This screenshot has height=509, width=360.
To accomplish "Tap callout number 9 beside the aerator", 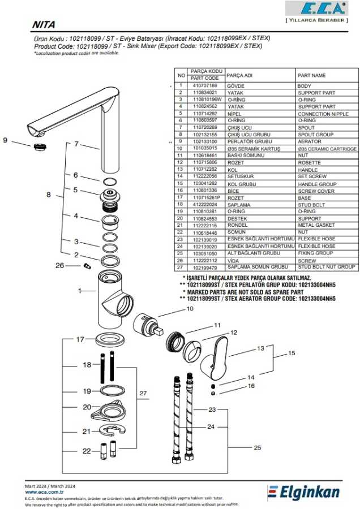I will [6, 140].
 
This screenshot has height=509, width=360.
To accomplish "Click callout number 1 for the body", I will [80, 290].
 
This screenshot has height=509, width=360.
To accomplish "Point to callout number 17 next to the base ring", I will [80, 339].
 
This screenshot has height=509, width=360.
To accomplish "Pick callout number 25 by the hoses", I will [258, 447].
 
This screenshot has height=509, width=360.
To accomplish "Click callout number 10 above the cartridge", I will [190, 309].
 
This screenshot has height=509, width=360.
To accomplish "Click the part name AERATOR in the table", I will [310, 141].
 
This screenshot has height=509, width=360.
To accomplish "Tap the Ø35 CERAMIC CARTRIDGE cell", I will [327, 149].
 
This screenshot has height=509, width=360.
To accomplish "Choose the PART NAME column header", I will [312, 75].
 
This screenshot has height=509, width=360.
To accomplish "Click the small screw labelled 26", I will [87, 265].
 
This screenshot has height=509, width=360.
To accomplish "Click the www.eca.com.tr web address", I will [45, 493].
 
